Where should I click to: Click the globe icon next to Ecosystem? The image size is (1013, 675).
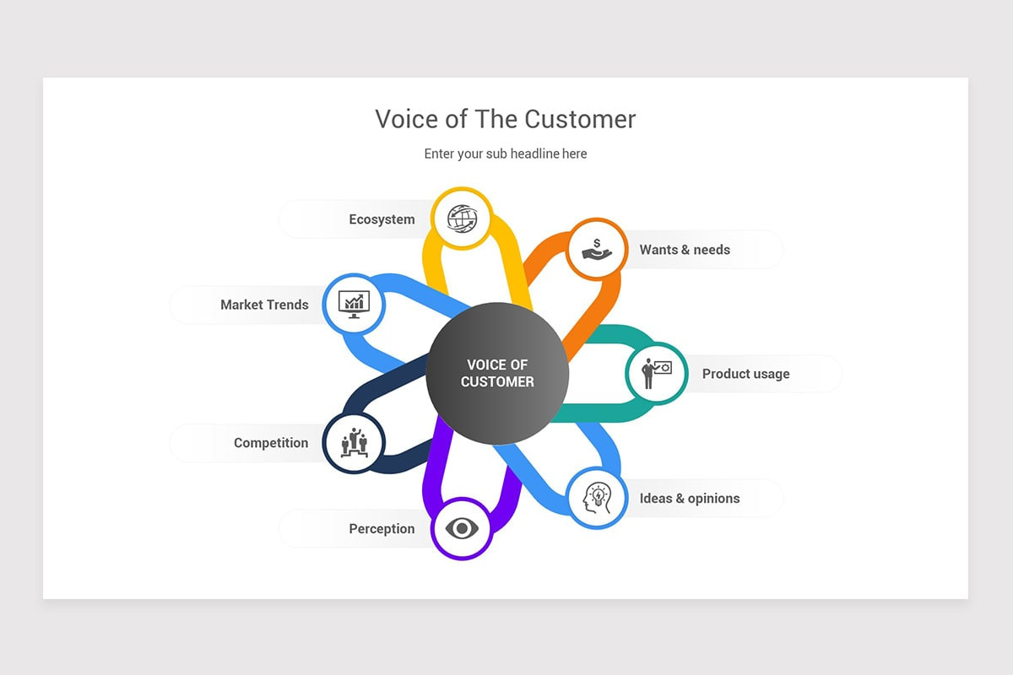[x=462, y=219]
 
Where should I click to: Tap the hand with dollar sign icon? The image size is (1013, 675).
[x=597, y=249]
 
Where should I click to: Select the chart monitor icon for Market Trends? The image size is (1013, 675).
[x=354, y=305]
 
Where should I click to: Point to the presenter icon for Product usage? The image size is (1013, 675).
[x=657, y=374]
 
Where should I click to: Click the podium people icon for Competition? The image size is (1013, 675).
[x=354, y=443]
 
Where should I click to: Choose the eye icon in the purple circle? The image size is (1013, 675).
[x=462, y=528]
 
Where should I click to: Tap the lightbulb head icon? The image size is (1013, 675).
[x=597, y=498]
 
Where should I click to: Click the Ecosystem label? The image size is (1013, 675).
[x=382, y=219]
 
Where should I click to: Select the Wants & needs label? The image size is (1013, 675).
[x=685, y=250]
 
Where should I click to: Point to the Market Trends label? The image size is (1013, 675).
[x=264, y=305]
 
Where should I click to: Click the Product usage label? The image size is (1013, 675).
[x=745, y=374]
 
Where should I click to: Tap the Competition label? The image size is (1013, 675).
[x=271, y=443]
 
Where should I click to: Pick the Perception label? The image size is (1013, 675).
[x=382, y=528]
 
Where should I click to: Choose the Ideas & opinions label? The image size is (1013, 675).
[x=690, y=498]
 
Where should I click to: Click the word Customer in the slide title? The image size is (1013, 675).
[x=580, y=119]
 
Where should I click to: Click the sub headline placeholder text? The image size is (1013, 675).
[x=505, y=154]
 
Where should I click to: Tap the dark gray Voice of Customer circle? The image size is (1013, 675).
[x=497, y=374]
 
